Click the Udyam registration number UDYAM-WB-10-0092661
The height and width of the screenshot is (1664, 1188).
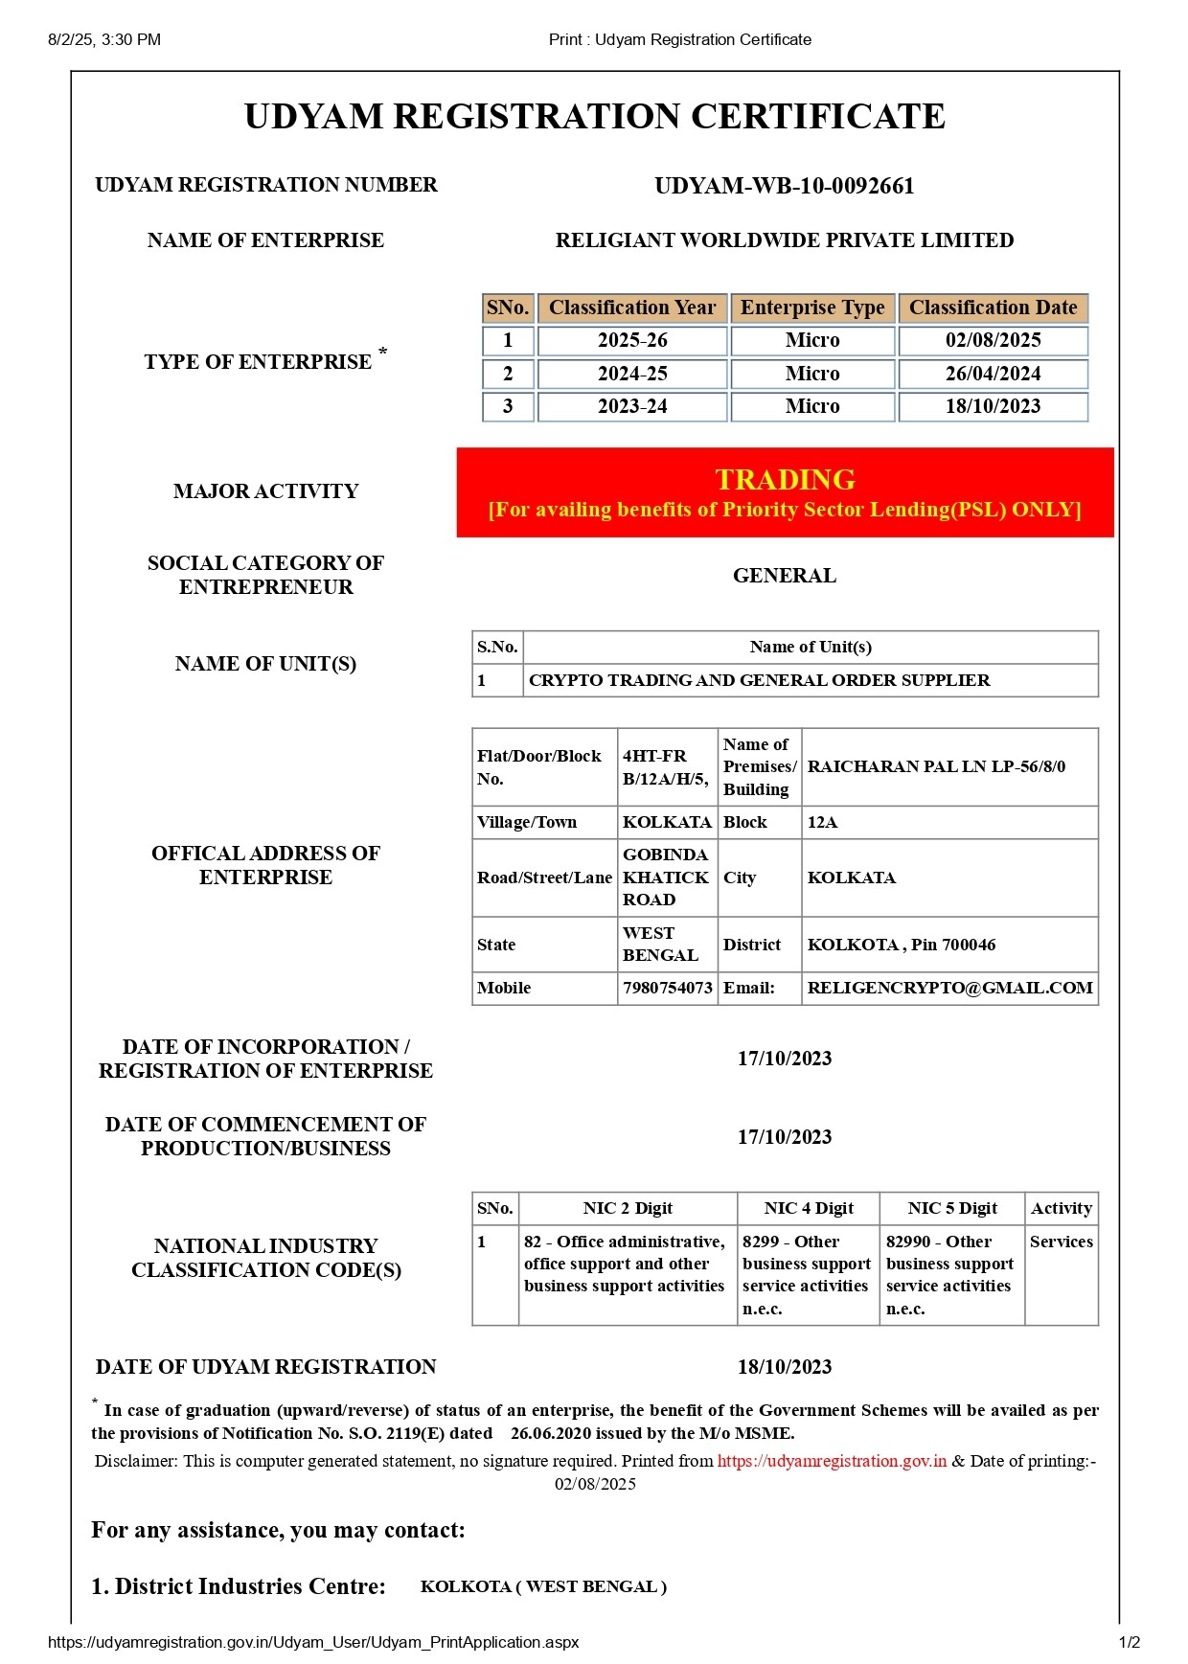[784, 186]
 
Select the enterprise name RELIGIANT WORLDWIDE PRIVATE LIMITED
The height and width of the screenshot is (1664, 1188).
[784, 240]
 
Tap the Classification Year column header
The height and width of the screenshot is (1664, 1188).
[632, 308]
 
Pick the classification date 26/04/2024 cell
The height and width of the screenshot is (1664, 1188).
[993, 374]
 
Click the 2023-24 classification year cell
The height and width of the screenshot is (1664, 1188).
[632, 406]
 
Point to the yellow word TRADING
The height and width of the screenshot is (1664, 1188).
[785, 479]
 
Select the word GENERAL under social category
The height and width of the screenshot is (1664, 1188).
[784, 576]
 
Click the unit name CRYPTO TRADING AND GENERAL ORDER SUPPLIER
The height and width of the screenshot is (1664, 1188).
[759, 680]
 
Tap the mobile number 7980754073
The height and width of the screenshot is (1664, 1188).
[667, 988]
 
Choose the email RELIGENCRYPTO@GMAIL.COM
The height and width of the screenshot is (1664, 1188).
[949, 988]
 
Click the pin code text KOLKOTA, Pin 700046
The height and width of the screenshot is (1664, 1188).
[901, 945]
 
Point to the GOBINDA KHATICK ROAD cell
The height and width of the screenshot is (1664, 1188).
[666, 877]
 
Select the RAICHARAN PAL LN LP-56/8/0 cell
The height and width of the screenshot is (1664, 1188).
[935, 766]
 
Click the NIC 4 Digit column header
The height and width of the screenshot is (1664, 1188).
[809, 1208]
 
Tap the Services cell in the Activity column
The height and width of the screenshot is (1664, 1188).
[1061, 1242]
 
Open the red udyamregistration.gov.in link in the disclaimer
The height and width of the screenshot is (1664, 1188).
[832, 1461]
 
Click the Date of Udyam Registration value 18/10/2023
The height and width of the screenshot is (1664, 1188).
[784, 1367]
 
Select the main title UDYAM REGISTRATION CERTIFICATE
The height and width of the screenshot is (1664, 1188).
[594, 116]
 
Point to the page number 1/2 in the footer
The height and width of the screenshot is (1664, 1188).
[1129, 1642]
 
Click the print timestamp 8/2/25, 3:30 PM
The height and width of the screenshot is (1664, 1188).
[104, 39]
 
